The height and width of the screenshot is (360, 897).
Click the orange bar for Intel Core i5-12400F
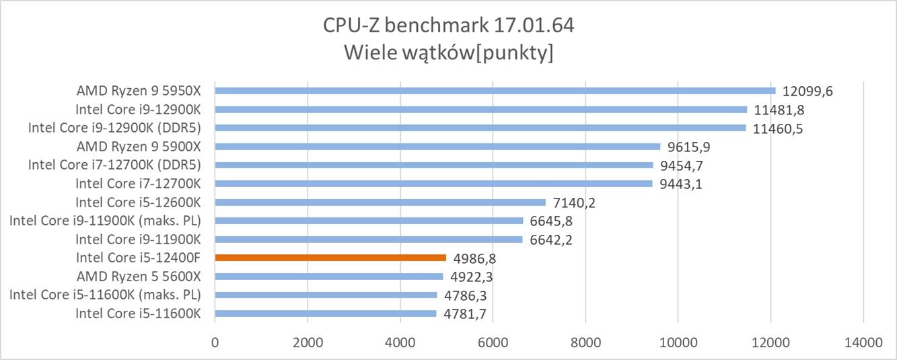(x=330, y=257)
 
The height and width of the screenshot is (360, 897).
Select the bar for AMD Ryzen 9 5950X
(x=495, y=90)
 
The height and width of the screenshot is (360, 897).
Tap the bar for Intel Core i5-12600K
(x=380, y=202)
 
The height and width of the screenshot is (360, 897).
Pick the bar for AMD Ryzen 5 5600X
(x=329, y=276)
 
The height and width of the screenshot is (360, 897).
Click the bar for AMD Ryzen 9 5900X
(x=437, y=146)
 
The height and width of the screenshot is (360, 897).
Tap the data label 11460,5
(x=779, y=128)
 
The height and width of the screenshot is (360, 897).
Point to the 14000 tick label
(x=863, y=342)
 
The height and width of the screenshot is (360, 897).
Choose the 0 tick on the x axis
(x=215, y=342)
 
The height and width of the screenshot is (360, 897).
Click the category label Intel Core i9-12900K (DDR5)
(x=115, y=127)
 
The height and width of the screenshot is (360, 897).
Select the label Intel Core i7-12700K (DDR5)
(x=115, y=164)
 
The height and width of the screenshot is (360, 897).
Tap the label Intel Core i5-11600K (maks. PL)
(x=106, y=294)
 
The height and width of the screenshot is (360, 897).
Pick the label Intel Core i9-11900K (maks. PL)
(x=106, y=220)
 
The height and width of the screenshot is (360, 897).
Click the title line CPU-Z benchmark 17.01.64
(x=448, y=26)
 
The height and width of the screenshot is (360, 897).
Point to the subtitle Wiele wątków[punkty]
(x=448, y=52)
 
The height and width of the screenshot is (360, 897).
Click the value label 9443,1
(x=680, y=184)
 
